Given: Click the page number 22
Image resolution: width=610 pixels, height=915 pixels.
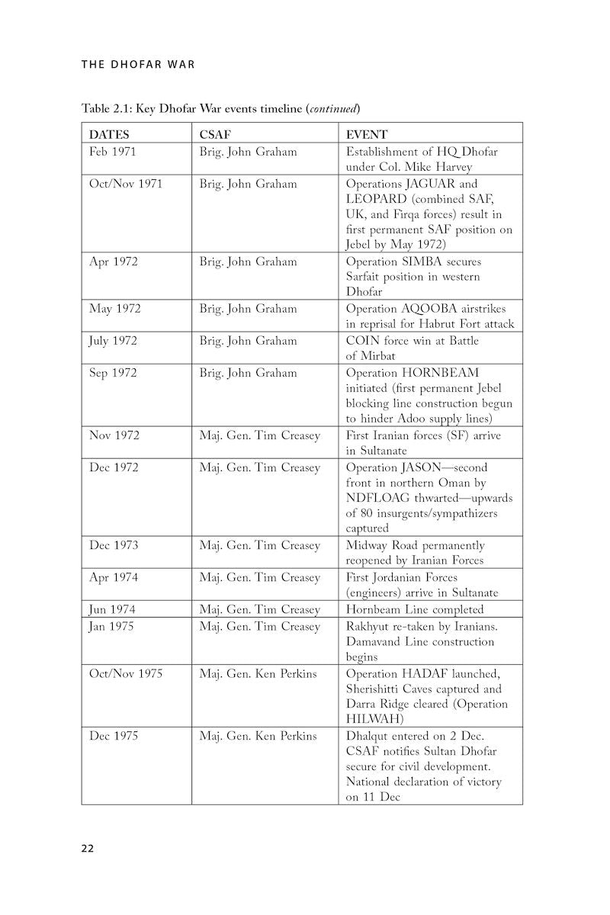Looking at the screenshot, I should pyautogui.click(x=88, y=849).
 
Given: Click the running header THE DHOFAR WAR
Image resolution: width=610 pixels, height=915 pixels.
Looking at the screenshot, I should pyautogui.click(x=138, y=64).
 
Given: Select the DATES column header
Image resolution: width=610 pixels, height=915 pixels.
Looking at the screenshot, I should pyautogui.click(x=109, y=135).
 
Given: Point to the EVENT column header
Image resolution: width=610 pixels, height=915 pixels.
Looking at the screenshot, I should pyautogui.click(x=367, y=135).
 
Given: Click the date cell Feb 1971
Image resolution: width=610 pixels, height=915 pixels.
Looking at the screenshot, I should pyautogui.click(x=113, y=152).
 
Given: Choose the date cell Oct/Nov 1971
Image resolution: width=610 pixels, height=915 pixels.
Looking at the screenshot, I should pyautogui.click(x=126, y=184).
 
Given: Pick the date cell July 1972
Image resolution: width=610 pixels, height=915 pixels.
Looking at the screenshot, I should pyautogui.click(x=114, y=341).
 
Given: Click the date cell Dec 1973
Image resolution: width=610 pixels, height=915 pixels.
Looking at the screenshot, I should pyautogui.click(x=114, y=545).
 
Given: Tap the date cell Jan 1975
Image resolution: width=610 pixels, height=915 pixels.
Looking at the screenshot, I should pyautogui.click(x=113, y=626).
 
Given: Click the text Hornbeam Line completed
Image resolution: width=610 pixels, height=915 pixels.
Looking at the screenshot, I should pyautogui.click(x=415, y=609).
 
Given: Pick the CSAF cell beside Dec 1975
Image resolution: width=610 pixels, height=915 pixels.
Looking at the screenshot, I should pyautogui.click(x=258, y=736).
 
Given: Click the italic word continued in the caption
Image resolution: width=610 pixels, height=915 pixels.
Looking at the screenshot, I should pyautogui.click(x=333, y=108).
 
